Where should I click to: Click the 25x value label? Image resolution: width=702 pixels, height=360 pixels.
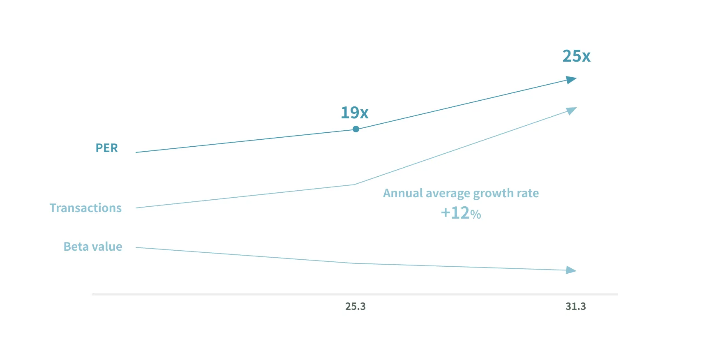coord(576,56)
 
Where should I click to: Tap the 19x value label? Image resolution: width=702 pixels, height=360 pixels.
coord(354,113)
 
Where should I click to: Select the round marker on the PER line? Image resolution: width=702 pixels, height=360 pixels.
coord(356,129)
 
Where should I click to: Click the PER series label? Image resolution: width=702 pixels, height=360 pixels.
coord(106,148)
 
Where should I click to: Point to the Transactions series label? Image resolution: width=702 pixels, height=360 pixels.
coord(85,208)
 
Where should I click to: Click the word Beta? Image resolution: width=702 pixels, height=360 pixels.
coord(76,247)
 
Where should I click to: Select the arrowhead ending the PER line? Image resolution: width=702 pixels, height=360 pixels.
coord(571,79)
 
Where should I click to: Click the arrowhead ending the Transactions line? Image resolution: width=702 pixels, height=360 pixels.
coord(571,110)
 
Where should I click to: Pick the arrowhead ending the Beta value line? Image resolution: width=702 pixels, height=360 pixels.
coord(571,270)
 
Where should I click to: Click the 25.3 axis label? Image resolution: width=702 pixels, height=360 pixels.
coord(355,307)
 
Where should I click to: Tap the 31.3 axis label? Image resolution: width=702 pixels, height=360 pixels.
coord(575,307)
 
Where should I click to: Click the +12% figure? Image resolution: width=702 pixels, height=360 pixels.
coord(461,213)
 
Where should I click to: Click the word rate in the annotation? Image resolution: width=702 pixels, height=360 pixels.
coord(528,193)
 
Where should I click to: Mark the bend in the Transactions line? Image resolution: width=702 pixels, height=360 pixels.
coord(354,185)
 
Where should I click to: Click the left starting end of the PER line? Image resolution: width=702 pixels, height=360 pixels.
coord(136,152)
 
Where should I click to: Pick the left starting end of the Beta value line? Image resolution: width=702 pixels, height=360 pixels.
coord(136,247)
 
